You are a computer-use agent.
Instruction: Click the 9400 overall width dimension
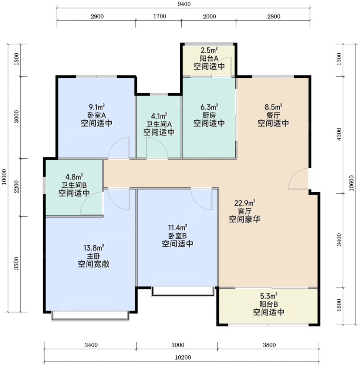[x=184, y=4]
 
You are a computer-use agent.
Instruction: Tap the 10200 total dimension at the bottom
[x=183, y=357]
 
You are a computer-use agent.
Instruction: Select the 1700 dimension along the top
[x=159, y=16]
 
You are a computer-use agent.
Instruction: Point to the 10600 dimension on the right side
[x=351, y=183]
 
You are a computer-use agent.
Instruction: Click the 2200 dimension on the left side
[x=16, y=187]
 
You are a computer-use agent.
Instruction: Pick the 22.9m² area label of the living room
[x=245, y=203]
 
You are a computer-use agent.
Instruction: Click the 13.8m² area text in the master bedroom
[x=94, y=248]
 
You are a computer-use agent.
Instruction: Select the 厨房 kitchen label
[x=209, y=115]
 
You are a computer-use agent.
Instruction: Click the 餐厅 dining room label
[x=273, y=115]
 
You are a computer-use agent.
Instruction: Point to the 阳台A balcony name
[x=209, y=58]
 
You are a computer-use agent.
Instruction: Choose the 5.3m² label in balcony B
[x=269, y=296]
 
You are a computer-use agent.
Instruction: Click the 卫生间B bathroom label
[x=74, y=185]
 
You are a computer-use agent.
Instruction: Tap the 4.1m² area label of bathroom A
[x=159, y=116]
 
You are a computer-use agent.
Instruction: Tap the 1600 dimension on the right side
[x=339, y=305]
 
